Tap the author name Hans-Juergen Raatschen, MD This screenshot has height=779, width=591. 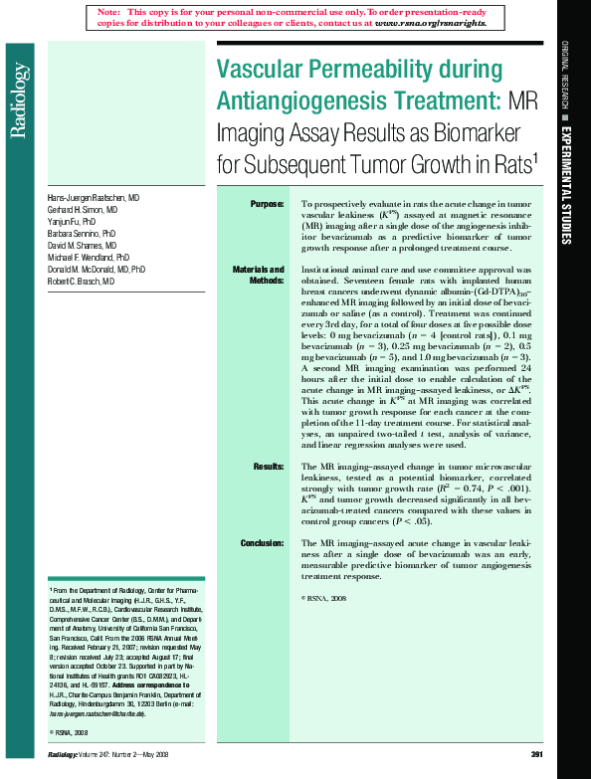pos(94,198)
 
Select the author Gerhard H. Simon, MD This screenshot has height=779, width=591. pos(83,212)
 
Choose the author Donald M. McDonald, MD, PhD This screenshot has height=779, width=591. pos(97,270)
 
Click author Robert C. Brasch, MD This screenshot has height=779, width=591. pos(82,282)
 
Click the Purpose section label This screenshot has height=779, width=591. pos(268,204)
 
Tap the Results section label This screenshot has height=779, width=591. pos(269,466)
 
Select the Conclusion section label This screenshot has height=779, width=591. pos(263,542)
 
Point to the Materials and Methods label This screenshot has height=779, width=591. pos(259,275)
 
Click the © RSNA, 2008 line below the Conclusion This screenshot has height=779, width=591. pos(323,598)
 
